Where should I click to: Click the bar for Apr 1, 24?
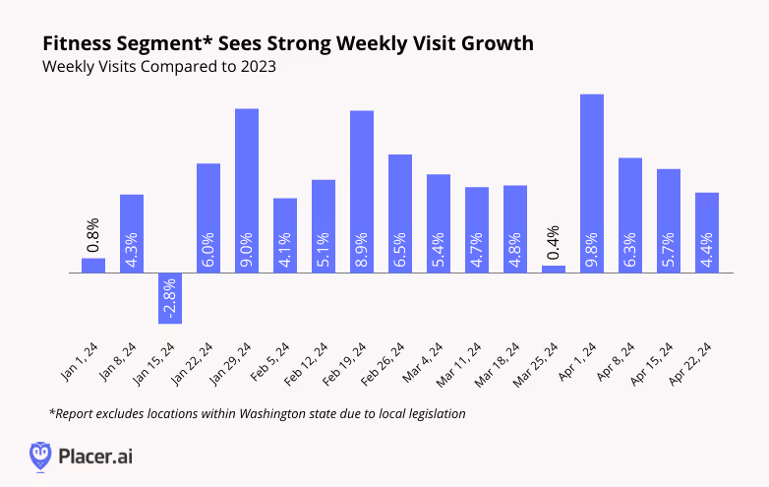tap(592, 183)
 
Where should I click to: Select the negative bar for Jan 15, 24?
tap(170, 297)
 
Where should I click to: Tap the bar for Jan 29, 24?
tap(247, 190)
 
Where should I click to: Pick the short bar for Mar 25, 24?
tap(554, 269)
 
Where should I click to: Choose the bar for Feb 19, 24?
tap(362, 191)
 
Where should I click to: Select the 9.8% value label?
tap(592, 252)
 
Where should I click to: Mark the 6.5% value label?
tap(400, 252)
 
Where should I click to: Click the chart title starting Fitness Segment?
tap(288, 44)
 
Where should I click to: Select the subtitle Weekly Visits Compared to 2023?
tap(158, 68)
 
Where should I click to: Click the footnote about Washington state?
tap(256, 413)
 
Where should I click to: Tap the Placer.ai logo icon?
tap(40, 456)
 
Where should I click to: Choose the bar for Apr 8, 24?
tap(630, 214)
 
